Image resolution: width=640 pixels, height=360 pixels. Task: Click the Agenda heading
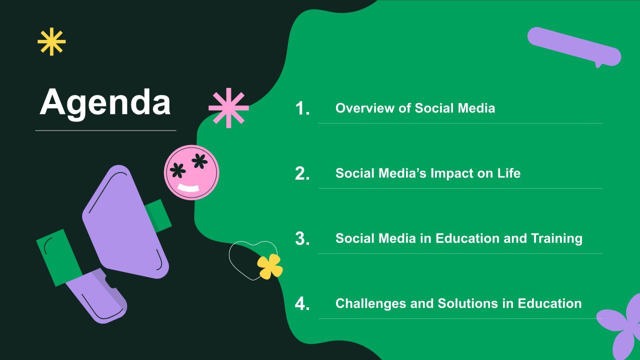coord(105,103)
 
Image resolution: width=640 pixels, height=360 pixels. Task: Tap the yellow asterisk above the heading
coord(51,41)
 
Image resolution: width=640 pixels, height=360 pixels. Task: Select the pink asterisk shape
coord(228,108)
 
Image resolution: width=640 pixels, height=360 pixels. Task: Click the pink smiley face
coord(191,172)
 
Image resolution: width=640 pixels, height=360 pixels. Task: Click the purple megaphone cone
coord(125,222)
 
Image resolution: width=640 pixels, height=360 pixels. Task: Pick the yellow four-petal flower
coord(269,266)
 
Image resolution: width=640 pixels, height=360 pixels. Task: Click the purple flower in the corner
coord(623,328)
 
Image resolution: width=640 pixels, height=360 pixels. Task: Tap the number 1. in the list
coord(302,108)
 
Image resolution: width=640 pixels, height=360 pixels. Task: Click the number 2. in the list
coord(302,173)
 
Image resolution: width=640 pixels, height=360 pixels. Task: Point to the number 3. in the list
coord(302,238)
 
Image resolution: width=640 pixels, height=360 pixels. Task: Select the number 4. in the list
coord(302,303)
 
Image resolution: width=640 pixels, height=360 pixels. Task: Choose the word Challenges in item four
coord(370,303)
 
